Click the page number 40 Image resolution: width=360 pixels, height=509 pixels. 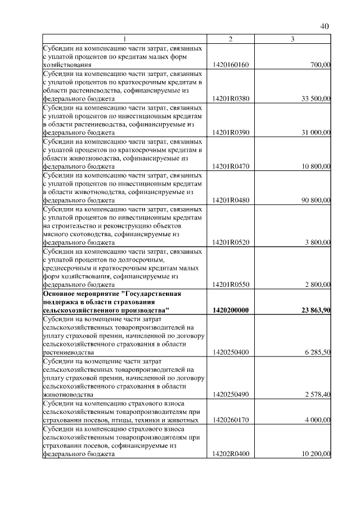coord(325,26)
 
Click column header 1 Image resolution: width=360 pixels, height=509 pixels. coord(125,39)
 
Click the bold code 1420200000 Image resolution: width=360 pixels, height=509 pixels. coord(231,310)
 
